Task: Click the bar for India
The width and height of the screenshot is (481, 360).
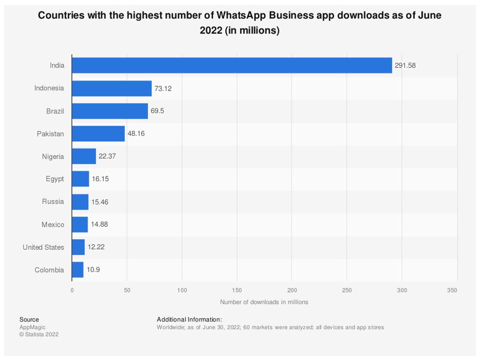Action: (232, 65)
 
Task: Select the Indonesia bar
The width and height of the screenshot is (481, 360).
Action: (111, 88)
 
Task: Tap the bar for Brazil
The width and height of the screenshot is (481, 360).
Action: (110, 111)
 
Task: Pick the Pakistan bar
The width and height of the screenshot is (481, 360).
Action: (98, 133)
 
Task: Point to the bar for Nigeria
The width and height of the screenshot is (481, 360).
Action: (84, 156)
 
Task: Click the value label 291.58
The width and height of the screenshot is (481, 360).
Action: (405, 65)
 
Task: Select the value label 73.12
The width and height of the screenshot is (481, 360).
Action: (163, 88)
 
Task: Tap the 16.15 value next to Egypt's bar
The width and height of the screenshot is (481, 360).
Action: (100, 179)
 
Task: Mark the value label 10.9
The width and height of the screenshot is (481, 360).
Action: (93, 269)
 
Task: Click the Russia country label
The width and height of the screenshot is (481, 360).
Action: (53, 202)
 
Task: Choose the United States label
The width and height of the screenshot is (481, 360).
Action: (43, 247)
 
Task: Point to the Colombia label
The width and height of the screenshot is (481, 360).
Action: (49, 270)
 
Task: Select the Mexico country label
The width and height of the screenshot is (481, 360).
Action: (53, 225)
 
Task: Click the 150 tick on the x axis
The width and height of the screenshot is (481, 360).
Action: (237, 290)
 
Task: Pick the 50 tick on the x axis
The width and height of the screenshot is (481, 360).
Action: (127, 290)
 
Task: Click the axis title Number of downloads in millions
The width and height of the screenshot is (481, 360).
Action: (264, 302)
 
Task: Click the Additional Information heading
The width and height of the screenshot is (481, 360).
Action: (189, 320)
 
